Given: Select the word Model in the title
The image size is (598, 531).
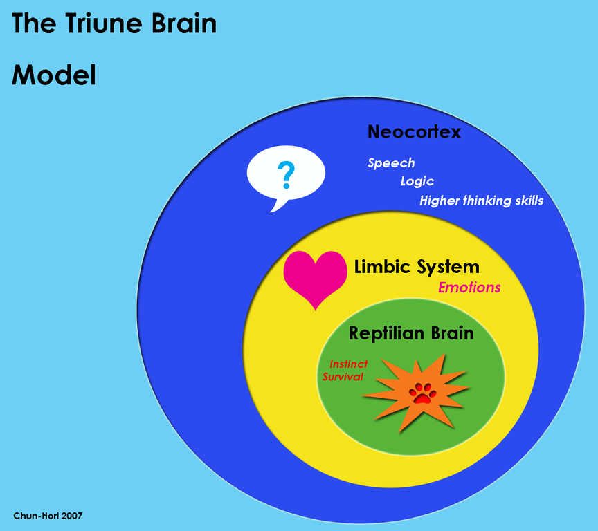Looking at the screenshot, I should click(54, 75).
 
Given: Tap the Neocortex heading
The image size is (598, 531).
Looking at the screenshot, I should click(414, 131).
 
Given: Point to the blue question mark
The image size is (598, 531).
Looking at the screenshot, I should click(285, 176).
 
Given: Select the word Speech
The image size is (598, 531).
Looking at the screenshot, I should click(391, 163).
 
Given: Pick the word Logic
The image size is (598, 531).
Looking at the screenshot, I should click(417, 181).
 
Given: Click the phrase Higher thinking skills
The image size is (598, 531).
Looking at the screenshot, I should click(481, 201).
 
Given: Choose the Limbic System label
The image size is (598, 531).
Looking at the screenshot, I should click(417, 267).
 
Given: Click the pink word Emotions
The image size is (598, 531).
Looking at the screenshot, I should click(469, 287).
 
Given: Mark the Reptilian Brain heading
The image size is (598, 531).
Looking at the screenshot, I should click(411, 333).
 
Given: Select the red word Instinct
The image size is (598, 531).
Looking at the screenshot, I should click(348, 364).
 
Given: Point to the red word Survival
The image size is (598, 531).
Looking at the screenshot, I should click(343, 377).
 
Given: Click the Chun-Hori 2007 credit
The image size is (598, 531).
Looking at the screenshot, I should click(48, 516).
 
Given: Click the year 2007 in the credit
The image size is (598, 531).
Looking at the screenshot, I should click(72, 516).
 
